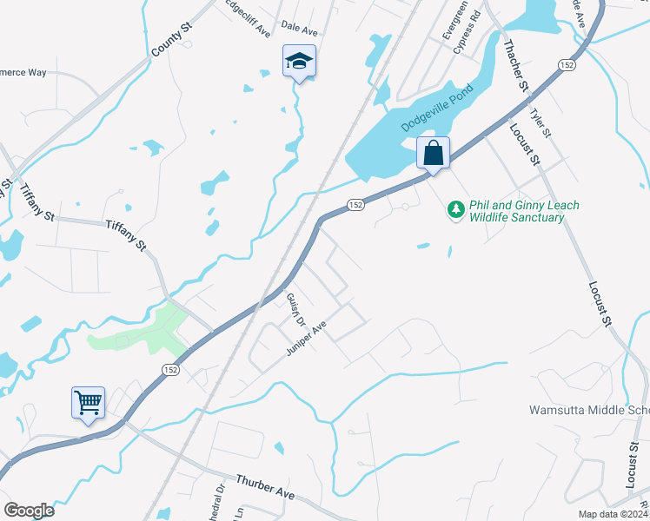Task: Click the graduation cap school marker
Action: (x=298, y=61)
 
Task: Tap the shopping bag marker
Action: (x=433, y=153)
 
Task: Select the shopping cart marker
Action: (x=88, y=403)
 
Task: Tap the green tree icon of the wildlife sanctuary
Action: (x=454, y=210)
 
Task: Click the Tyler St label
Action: (x=541, y=122)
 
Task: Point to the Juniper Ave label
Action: (x=306, y=339)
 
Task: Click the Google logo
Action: (x=29, y=510)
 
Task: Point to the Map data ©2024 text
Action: (x=613, y=514)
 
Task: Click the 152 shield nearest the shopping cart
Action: (x=168, y=370)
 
